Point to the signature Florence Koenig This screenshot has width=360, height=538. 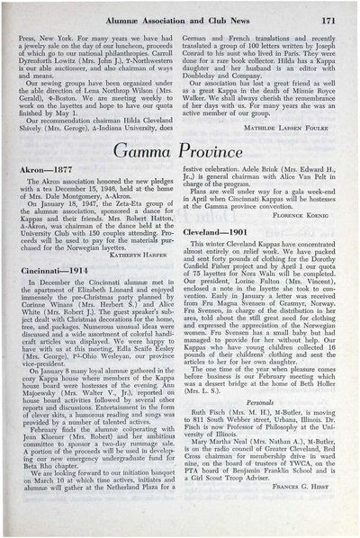[305, 215]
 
